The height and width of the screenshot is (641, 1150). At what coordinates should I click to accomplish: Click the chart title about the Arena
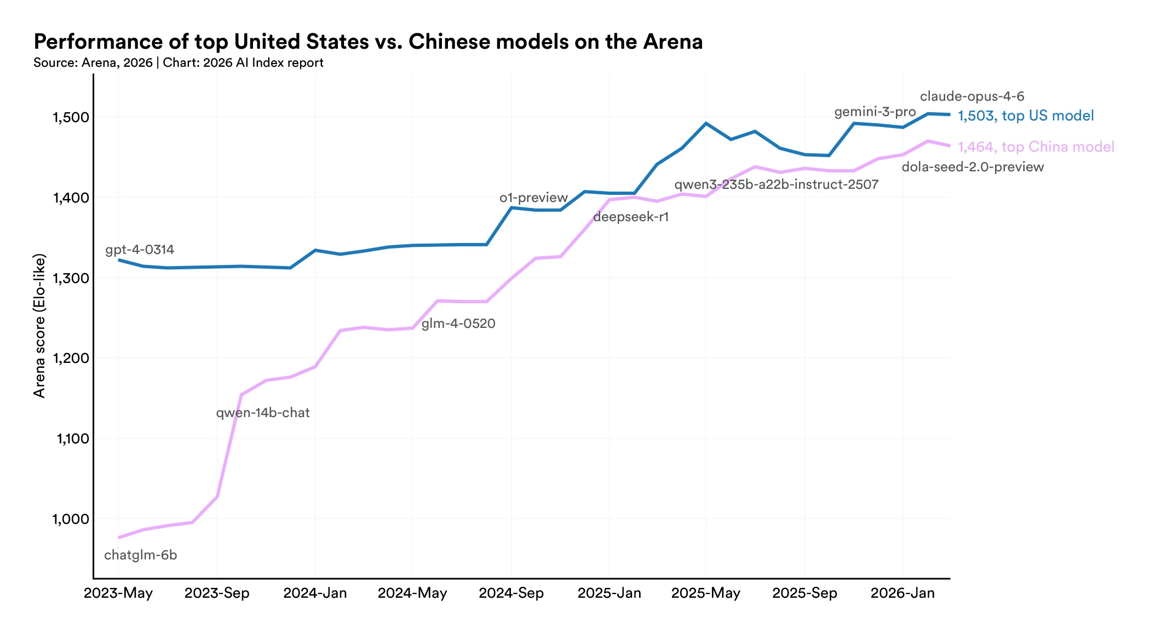(x=368, y=42)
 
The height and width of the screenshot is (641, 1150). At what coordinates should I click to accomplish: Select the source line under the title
(x=179, y=63)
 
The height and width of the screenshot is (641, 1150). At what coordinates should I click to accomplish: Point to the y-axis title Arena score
(x=39, y=326)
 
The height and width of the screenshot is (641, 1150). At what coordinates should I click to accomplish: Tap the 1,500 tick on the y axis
(x=70, y=117)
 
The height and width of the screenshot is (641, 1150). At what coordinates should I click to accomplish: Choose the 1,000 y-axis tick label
(x=70, y=519)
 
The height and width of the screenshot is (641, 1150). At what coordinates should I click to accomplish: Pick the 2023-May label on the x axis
(x=118, y=593)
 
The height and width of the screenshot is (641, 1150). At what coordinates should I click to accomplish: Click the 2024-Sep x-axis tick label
(x=511, y=593)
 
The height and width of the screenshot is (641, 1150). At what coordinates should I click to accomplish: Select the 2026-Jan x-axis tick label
(x=902, y=593)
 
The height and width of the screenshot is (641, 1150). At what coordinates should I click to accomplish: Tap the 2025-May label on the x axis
(x=706, y=593)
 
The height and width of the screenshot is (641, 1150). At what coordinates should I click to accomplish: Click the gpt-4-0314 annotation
(x=140, y=250)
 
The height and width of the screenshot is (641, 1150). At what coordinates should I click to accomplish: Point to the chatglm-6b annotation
(x=141, y=555)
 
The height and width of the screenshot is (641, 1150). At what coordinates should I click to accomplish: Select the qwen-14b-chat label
(x=263, y=413)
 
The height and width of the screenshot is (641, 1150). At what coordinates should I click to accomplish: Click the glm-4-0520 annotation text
(x=458, y=324)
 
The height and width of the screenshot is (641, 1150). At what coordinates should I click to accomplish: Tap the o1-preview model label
(x=533, y=198)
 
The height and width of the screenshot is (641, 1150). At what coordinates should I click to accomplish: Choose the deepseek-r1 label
(x=631, y=217)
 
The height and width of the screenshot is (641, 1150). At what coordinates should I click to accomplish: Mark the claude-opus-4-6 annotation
(x=972, y=96)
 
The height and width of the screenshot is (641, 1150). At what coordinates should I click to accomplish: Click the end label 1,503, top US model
(x=1026, y=116)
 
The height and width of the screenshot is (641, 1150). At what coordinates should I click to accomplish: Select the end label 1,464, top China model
(x=1036, y=147)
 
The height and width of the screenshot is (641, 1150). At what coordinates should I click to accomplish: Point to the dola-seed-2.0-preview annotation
(x=973, y=167)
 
